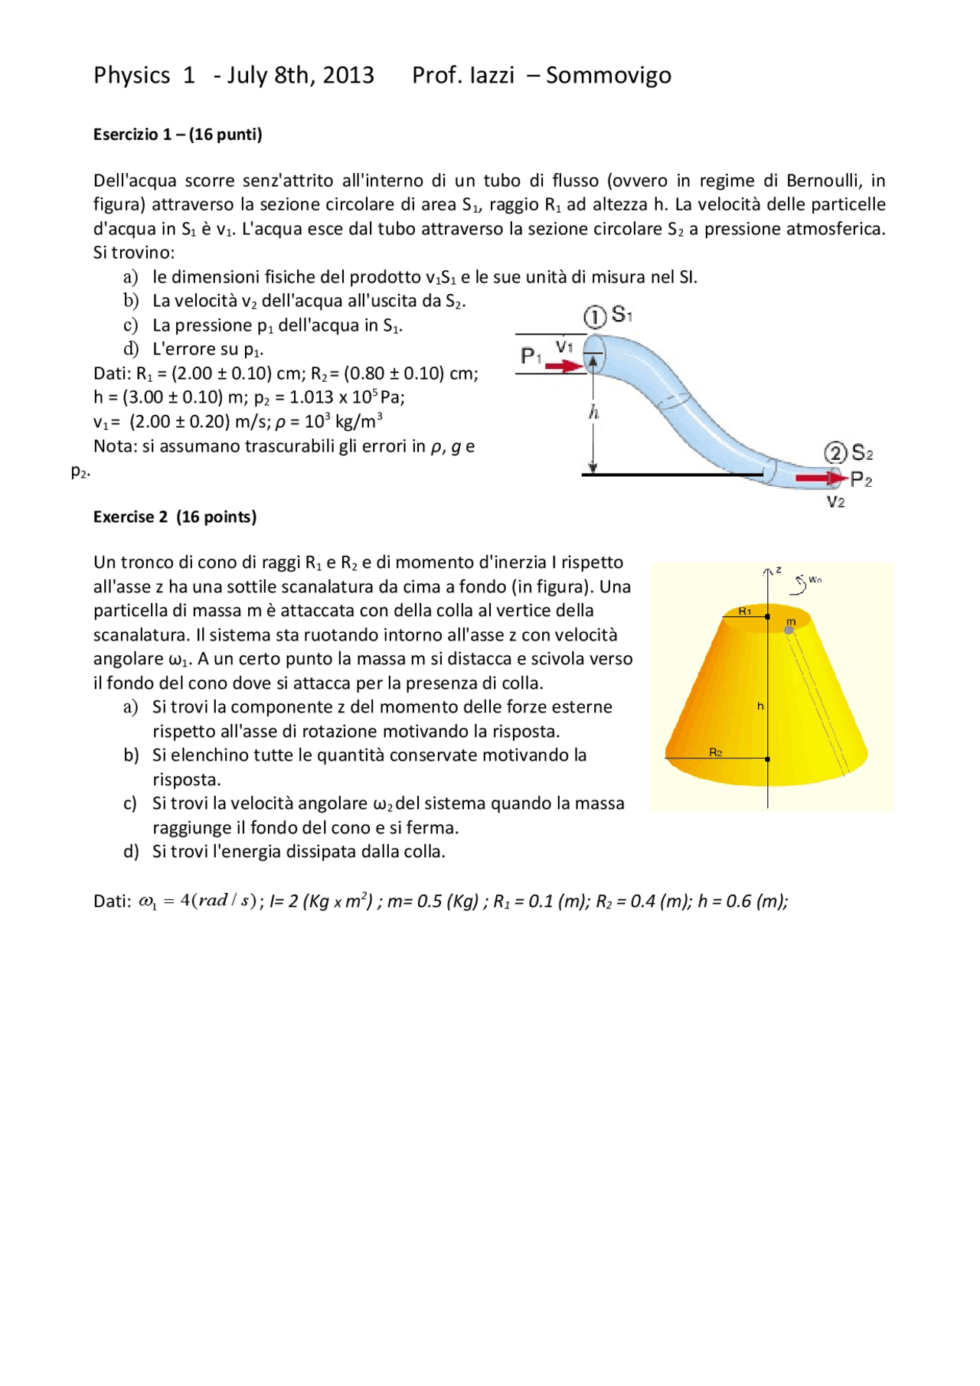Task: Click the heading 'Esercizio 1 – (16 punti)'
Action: coord(178,135)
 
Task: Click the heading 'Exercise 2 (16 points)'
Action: coord(175,517)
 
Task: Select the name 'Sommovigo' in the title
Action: coord(609,75)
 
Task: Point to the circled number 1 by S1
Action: coord(595,316)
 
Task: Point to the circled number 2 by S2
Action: coord(835,453)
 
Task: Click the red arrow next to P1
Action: coord(564,367)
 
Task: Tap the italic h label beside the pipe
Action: coord(593,413)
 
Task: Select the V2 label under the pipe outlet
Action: coord(835,502)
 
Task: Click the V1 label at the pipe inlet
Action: coord(564,347)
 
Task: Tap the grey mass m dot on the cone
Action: coord(789,630)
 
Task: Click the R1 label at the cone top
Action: coord(744,611)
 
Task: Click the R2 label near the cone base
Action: coord(715,752)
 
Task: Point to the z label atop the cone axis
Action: coord(779,569)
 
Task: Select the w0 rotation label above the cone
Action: coord(815,579)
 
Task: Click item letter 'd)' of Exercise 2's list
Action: coord(131,852)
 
